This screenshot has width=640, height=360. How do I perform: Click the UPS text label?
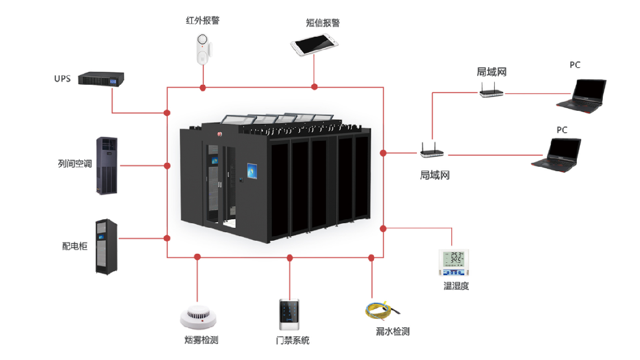(x=62, y=79)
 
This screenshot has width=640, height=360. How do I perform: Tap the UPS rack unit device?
(x=101, y=79)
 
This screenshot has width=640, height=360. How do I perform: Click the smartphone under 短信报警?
(x=315, y=45)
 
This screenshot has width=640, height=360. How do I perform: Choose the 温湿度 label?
(x=456, y=286)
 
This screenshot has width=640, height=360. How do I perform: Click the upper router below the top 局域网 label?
(x=491, y=92)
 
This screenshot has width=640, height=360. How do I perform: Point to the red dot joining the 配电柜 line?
(x=167, y=238)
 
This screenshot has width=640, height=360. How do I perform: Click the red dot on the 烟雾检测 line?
(x=197, y=257)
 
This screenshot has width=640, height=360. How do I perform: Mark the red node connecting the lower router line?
(x=383, y=153)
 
